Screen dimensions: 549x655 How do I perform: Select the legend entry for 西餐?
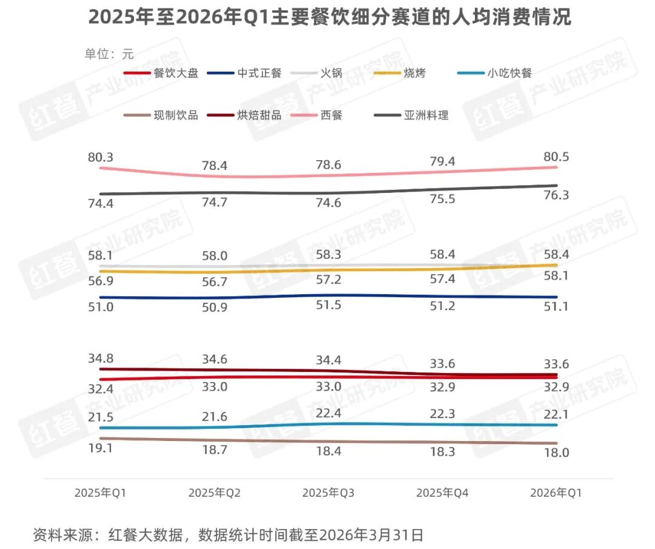331,115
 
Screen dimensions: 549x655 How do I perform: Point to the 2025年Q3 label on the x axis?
328,493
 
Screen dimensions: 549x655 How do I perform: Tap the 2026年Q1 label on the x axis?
556,493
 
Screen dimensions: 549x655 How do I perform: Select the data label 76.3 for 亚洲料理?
556,195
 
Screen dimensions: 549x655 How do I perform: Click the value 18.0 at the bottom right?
556,453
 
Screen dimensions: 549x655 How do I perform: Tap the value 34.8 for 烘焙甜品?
101,357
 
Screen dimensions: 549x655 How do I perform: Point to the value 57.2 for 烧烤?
328,280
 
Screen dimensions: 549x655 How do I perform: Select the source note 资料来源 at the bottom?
227,535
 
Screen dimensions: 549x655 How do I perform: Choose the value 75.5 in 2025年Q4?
442,199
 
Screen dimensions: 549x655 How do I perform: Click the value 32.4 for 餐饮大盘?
101,388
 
